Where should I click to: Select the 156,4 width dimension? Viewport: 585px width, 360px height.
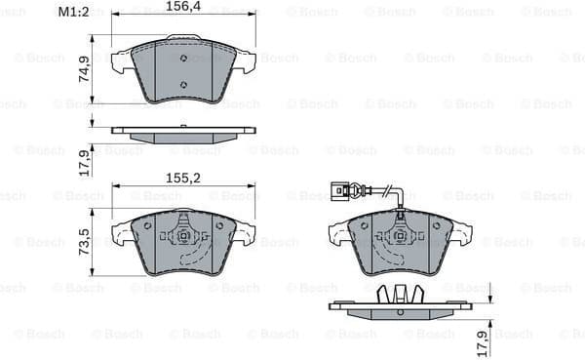click(183, 7)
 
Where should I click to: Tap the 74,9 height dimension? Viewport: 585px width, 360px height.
click(84, 68)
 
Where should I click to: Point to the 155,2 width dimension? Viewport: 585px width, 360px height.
click(183, 180)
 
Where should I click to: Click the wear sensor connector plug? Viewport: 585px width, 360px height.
click(340, 190)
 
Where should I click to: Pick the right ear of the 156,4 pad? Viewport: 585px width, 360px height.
click(245, 61)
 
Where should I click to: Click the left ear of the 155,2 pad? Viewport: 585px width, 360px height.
click(123, 234)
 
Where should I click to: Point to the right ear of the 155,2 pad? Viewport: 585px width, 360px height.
click(245, 234)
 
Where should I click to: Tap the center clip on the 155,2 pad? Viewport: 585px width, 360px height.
click(183, 235)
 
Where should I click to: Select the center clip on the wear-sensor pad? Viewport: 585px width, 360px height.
click(400, 235)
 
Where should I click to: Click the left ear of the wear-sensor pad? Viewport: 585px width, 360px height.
click(339, 234)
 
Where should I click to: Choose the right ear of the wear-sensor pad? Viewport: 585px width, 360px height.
click(461, 234)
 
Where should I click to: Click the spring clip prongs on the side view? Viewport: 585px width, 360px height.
click(400, 293)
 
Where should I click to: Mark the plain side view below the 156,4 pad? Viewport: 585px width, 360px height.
click(183, 132)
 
